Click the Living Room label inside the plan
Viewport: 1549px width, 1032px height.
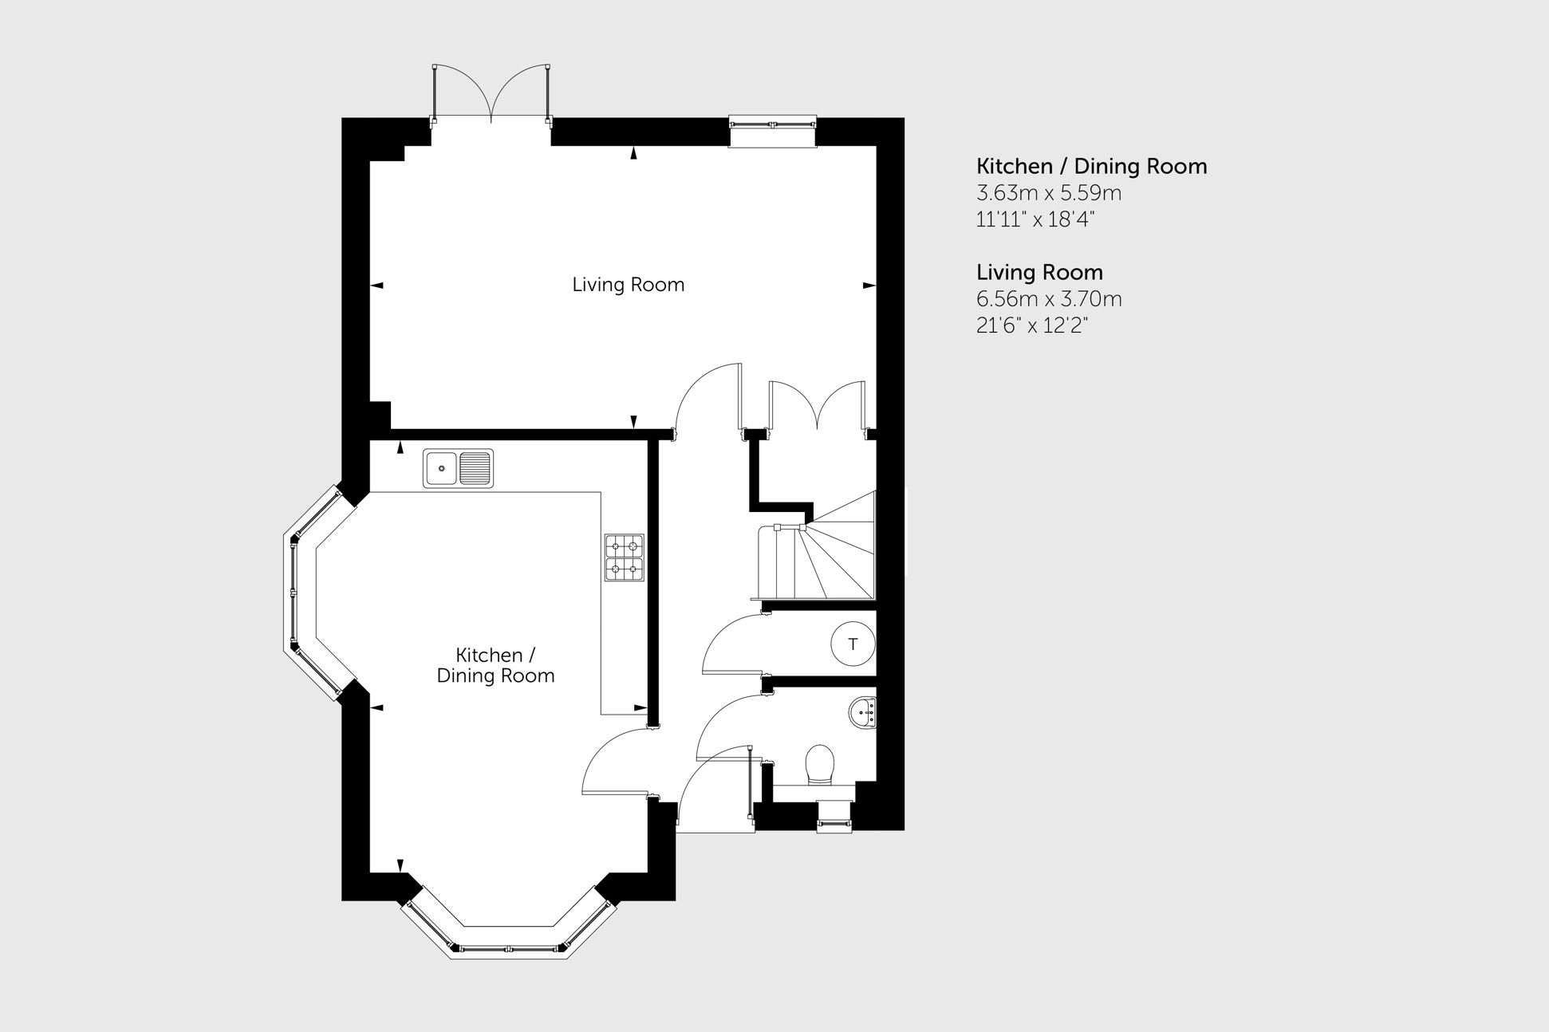pyautogui.click(x=628, y=285)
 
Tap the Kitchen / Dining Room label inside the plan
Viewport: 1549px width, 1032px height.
pyautogui.click(x=495, y=665)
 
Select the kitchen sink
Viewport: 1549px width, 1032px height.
pyautogui.click(x=458, y=468)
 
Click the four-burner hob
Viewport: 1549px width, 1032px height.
pyautogui.click(x=624, y=557)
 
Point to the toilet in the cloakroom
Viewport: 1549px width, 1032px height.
pyautogui.click(x=819, y=765)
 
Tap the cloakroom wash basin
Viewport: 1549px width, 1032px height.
pyautogui.click(x=864, y=712)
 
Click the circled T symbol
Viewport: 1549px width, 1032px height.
pyautogui.click(x=853, y=644)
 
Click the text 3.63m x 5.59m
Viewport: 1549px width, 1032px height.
pyautogui.click(x=1049, y=193)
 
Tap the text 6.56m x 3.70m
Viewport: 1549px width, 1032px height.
pyautogui.click(x=1049, y=299)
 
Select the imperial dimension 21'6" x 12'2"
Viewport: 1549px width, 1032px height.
pyautogui.click(x=1032, y=325)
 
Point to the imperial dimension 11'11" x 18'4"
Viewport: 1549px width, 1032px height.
pyautogui.click(x=1035, y=219)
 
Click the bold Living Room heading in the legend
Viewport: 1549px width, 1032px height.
pyautogui.click(x=1039, y=273)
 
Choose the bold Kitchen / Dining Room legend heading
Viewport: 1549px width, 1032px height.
pyautogui.click(x=1091, y=167)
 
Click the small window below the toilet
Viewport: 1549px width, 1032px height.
pyautogui.click(x=834, y=817)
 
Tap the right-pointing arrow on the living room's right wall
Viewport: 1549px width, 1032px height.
pyautogui.click(x=869, y=285)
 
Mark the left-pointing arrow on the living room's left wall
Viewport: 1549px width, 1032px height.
pyautogui.click(x=377, y=285)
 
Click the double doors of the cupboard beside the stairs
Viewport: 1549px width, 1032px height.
pyautogui.click(x=817, y=408)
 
